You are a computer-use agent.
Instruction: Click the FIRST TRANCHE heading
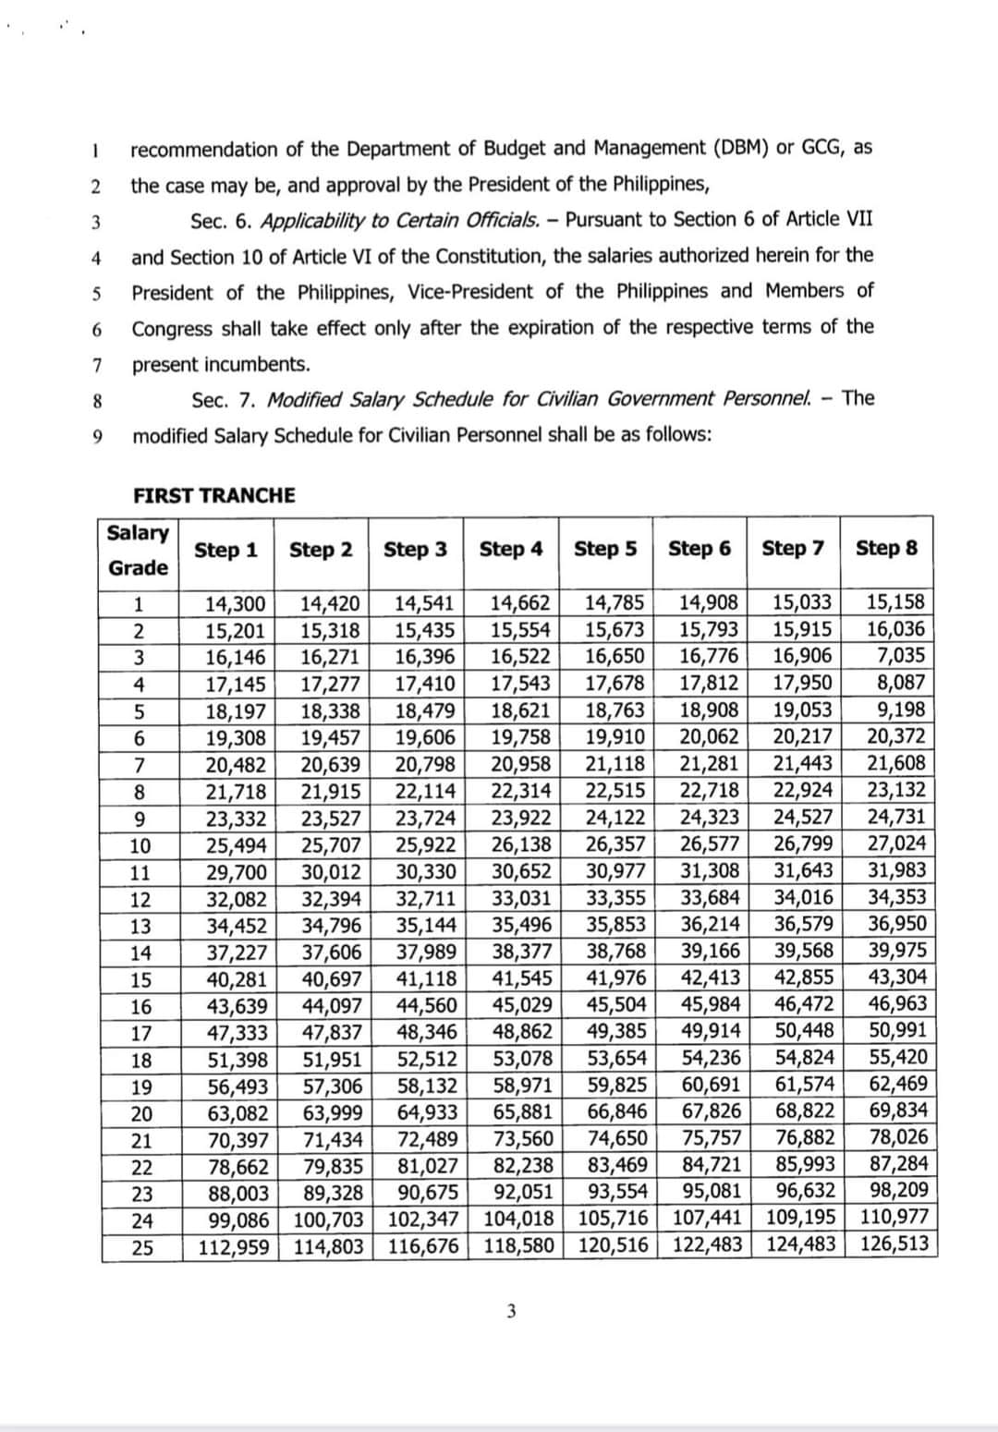[x=214, y=495]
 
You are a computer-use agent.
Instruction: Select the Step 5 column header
[x=605, y=549]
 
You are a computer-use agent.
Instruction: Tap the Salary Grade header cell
[x=139, y=551]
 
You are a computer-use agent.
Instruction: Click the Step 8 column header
[x=886, y=548]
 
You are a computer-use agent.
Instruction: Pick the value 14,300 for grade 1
[x=235, y=604]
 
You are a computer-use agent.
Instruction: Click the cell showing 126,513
[x=894, y=1244]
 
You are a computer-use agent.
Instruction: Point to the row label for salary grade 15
[x=140, y=979]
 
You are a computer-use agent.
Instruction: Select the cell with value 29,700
[x=235, y=871]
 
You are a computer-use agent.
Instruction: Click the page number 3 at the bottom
[x=511, y=1311]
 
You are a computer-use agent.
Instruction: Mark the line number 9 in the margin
[x=97, y=436]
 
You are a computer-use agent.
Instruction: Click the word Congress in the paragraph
[x=172, y=329]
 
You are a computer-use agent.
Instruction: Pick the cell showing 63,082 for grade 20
[x=235, y=1112]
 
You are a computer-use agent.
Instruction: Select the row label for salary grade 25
[x=141, y=1247]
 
